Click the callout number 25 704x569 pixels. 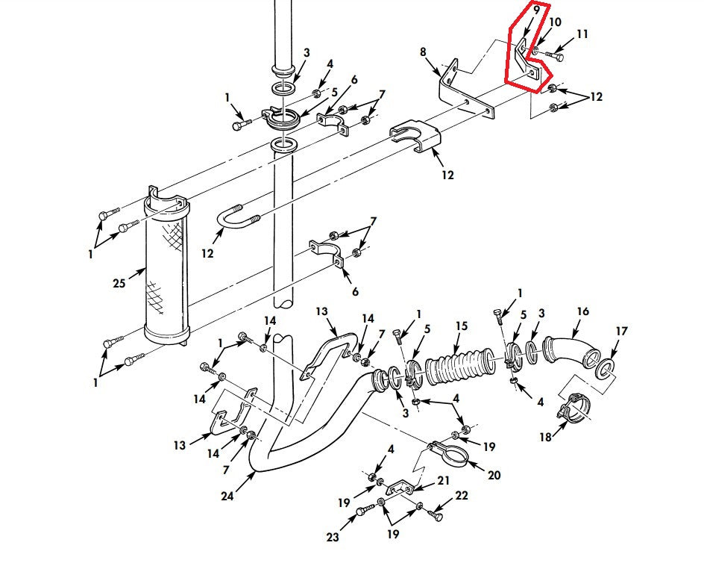119,284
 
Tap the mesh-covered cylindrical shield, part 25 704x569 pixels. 167,265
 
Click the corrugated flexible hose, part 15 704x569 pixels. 459,365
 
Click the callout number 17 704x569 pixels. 621,332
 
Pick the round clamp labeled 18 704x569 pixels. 573,408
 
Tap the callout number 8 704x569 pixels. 423,52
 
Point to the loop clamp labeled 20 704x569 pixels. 450,453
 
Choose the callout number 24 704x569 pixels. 227,496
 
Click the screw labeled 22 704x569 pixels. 436,514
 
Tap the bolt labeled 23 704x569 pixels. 365,510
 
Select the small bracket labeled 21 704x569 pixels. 400,487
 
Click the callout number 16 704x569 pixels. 582,311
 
